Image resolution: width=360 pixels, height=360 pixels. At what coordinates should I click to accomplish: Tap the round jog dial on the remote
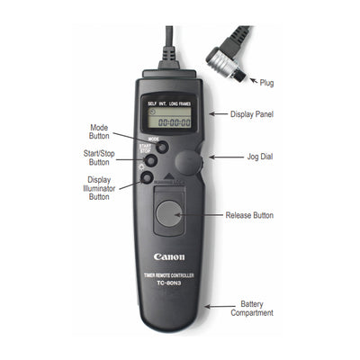(x=190, y=163)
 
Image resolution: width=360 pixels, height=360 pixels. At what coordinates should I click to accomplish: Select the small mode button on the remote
(x=163, y=146)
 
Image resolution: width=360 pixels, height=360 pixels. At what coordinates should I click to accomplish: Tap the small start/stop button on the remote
(x=152, y=160)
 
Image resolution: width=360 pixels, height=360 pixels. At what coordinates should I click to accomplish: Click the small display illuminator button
(x=146, y=177)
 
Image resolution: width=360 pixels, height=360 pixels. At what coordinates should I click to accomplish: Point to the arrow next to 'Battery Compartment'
(x=216, y=307)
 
